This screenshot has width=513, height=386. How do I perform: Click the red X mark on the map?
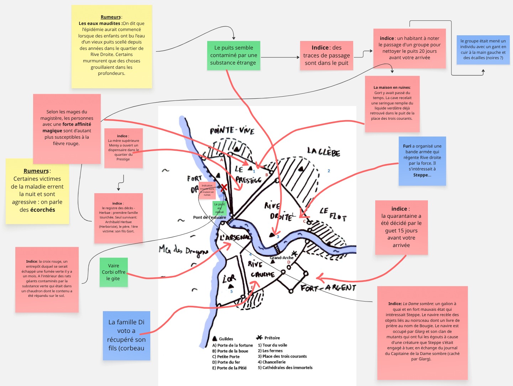click(x=224, y=187)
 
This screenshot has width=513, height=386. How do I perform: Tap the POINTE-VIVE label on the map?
click(x=232, y=130)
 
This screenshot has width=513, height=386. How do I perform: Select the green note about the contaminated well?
click(x=233, y=55)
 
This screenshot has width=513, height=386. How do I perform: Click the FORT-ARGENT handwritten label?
click(x=328, y=287)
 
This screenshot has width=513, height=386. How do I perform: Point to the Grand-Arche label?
click(x=282, y=258)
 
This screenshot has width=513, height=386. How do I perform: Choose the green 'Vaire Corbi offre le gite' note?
click(x=114, y=272)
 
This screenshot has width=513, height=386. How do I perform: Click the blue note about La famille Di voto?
click(x=126, y=335)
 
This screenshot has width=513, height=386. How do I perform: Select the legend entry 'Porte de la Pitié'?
click(x=231, y=368)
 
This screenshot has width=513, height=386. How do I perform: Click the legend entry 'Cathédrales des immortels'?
click(x=287, y=367)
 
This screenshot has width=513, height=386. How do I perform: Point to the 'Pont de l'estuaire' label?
click(x=209, y=217)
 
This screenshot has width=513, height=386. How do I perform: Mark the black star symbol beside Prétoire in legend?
click(x=259, y=337)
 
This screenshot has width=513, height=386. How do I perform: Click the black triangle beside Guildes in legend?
click(x=215, y=338)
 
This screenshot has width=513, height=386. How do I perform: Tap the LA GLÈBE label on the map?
click(x=324, y=152)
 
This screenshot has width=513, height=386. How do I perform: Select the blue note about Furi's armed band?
click(x=422, y=161)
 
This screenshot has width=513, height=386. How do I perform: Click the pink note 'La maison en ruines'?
click(x=392, y=103)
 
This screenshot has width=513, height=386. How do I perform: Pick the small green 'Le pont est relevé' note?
click(x=219, y=208)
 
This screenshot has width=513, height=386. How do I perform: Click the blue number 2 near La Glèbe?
click(x=329, y=171)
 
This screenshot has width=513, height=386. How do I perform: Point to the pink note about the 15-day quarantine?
click(x=401, y=227)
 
